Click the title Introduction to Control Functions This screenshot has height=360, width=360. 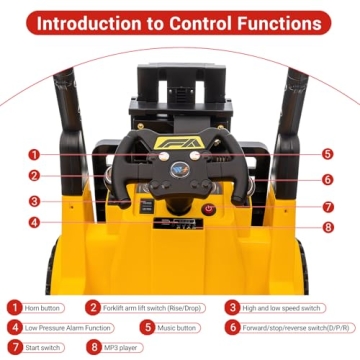180,22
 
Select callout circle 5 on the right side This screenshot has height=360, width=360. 327,154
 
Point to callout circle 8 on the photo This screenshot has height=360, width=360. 327,226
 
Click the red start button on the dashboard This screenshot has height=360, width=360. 209,209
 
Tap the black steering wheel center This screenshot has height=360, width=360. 180,165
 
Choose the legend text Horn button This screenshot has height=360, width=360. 46,308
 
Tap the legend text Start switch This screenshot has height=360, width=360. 46,346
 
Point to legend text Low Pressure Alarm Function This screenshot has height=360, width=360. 66,327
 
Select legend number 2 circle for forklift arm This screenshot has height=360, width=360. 92,308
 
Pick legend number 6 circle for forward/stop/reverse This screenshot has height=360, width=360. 231,327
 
